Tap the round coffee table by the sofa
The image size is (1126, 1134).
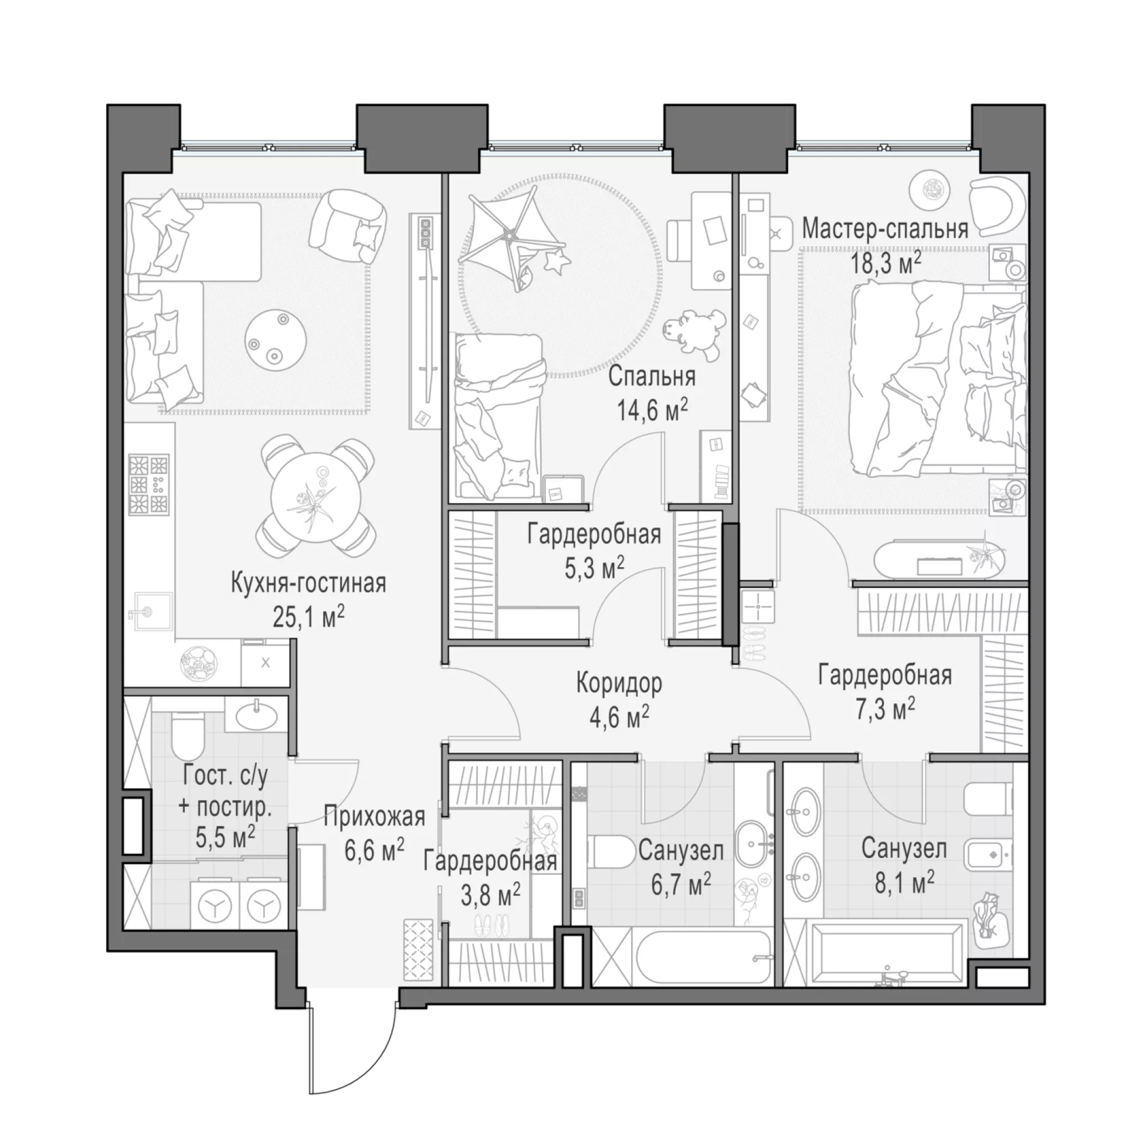point(276,338)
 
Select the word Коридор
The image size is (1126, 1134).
point(619,684)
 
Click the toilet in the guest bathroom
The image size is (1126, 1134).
point(187,735)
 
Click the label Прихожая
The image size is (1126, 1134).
point(374,817)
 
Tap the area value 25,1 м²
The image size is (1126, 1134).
point(308,617)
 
